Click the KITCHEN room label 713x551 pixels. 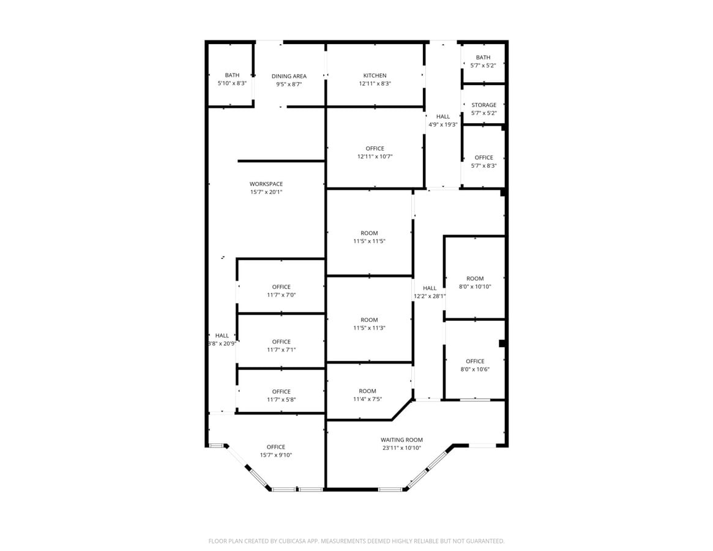pos(375,75)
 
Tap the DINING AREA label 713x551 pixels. pos(289,76)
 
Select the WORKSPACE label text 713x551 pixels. pos(266,184)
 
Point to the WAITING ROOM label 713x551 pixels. pos(401,440)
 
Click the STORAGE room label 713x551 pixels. pos(483,105)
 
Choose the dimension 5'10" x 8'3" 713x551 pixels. pos(232,83)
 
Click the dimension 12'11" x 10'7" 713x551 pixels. pos(375,157)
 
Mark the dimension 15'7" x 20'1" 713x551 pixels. pos(266,192)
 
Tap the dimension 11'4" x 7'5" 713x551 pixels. pos(367,399)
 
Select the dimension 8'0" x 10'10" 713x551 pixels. pos(475,287)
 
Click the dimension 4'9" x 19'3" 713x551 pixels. pos(443,124)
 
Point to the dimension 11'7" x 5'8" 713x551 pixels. pos(281,400)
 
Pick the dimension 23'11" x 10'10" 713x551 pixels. pos(401,448)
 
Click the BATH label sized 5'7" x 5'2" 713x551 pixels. pos(483,58)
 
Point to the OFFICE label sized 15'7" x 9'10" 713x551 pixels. pos(275,447)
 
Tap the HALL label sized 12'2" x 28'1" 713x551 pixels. pos(429,288)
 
